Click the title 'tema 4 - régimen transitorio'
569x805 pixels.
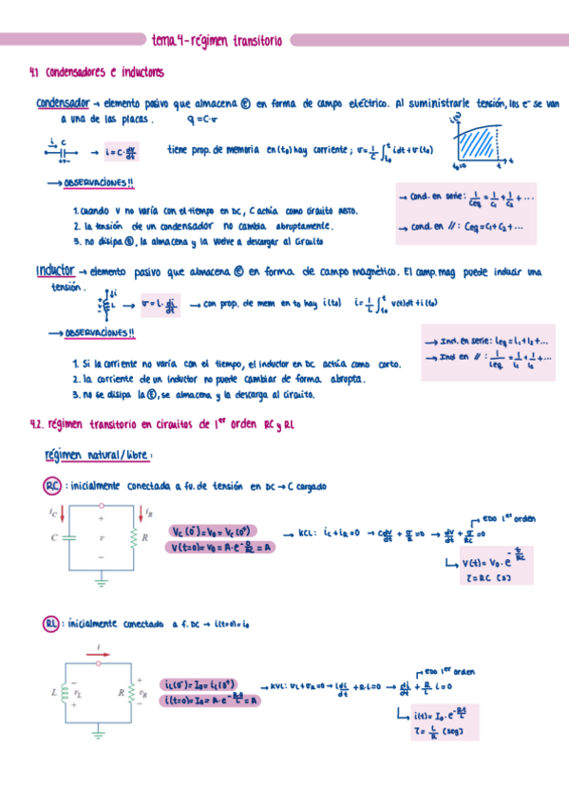[x=218, y=41]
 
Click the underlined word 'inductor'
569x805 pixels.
[x=55, y=271]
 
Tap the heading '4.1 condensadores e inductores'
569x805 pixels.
[x=98, y=72]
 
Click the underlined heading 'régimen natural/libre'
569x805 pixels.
[x=91, y=456]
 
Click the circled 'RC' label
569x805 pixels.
[x=53, y=486]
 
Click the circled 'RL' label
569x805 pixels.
[x=53, y=624]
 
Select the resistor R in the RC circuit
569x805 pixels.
[x=134, y=538]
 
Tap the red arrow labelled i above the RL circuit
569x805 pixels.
[x=99, y=653]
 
